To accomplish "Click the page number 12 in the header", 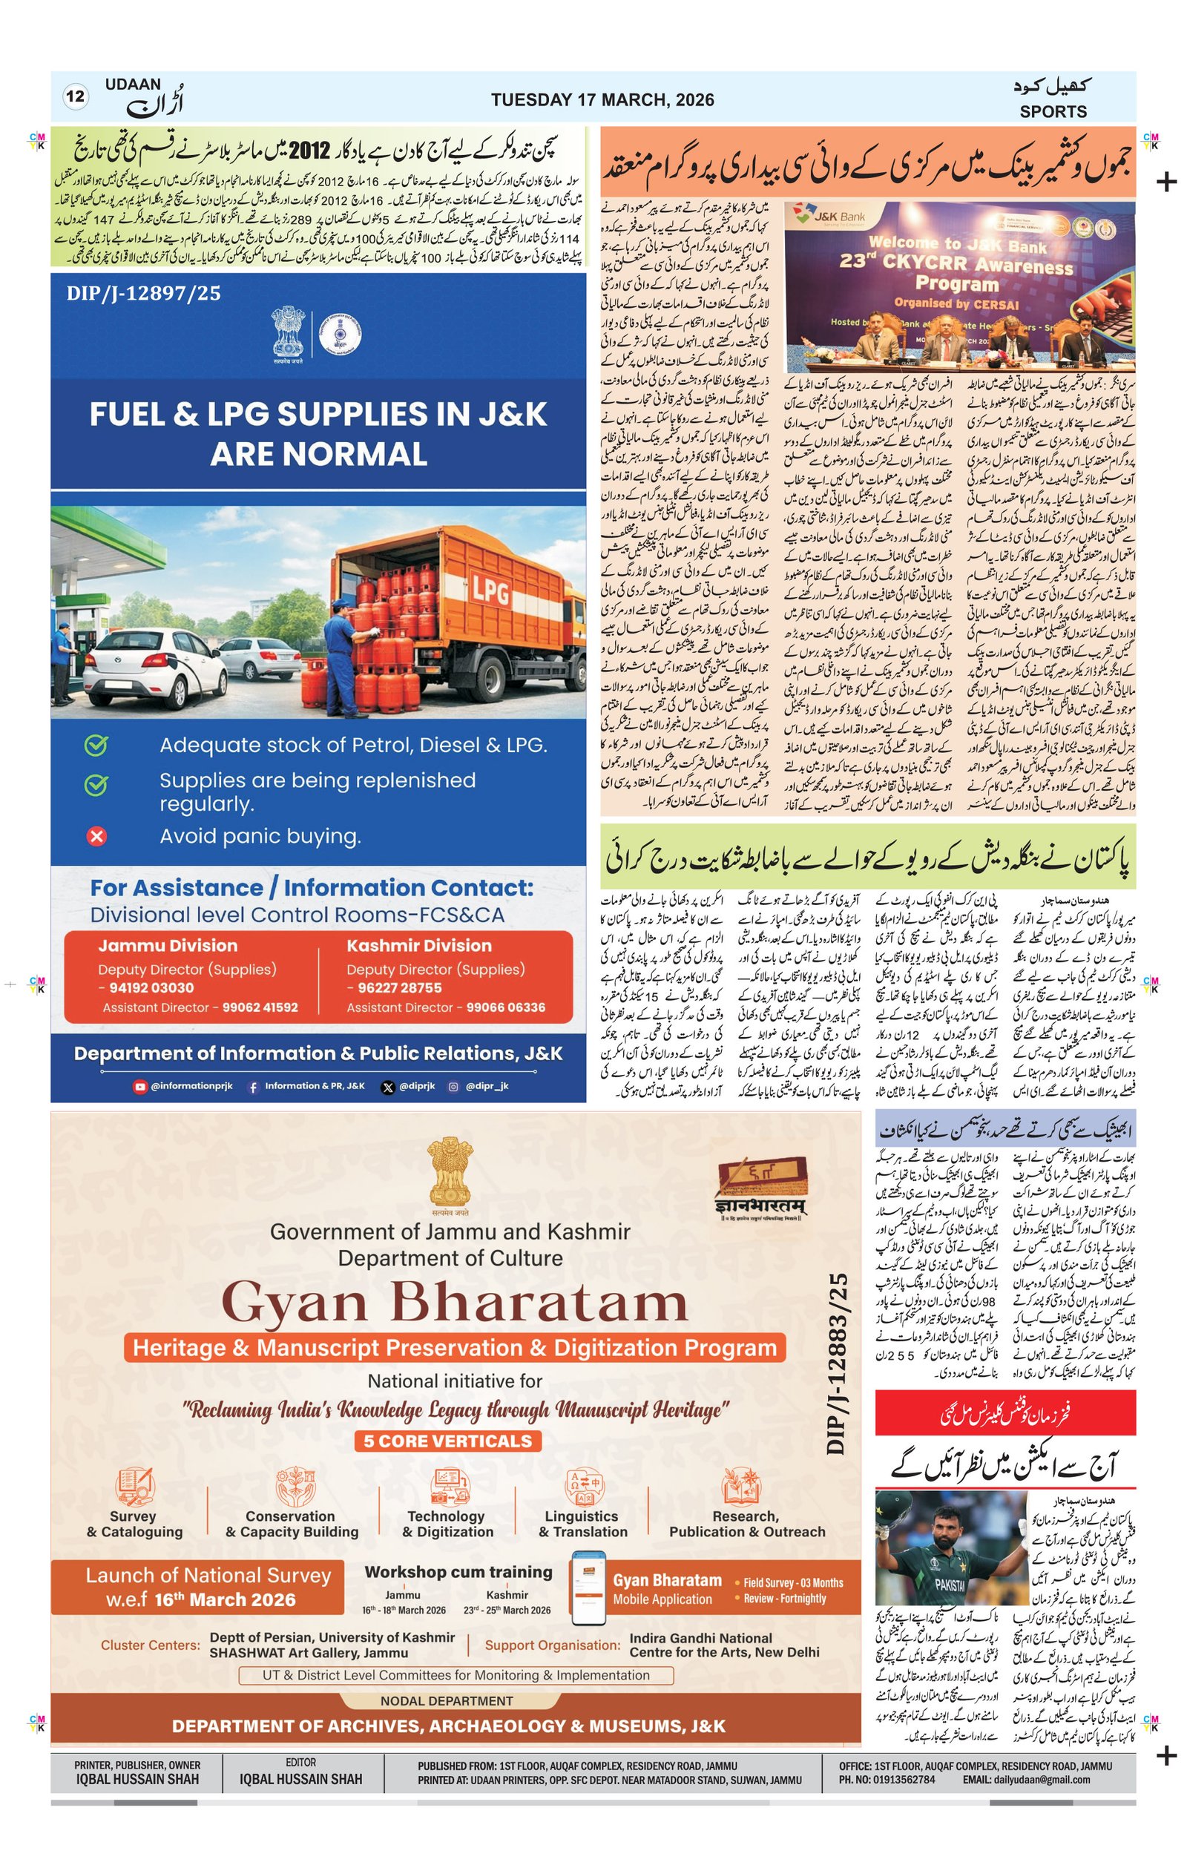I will tap(75, 97).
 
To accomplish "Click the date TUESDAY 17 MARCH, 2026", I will tap(602, 100).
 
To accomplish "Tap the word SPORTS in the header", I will tap(1052, 111).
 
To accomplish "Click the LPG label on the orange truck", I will tap(490, 593).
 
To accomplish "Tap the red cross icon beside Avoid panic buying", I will tap(96, 837).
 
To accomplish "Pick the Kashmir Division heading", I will tap(419, 946).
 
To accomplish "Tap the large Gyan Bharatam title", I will tap(455, 1302).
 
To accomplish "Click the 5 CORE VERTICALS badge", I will tap(447, 1441).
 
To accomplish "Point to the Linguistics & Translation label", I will tap(582, 1524).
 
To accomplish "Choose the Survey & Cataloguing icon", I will tap(135, 1486).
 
